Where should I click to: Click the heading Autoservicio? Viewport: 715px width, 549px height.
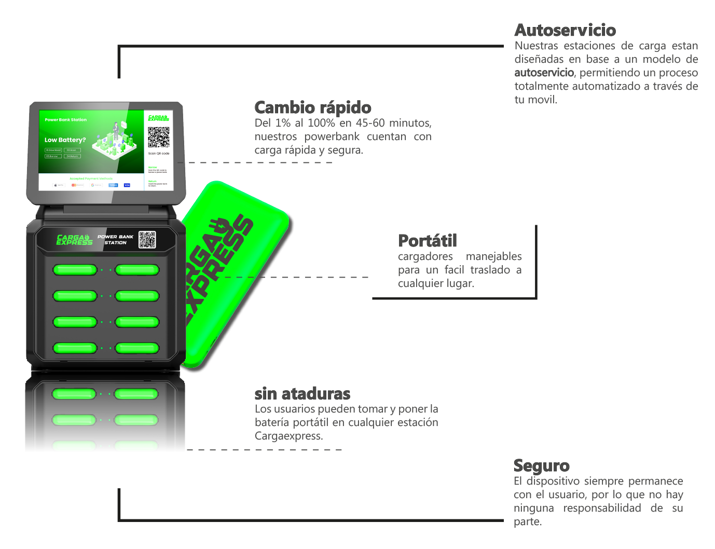565,30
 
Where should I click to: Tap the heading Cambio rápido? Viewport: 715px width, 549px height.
313,107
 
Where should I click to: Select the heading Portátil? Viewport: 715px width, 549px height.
428,241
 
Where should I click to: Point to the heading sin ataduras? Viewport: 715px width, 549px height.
302,393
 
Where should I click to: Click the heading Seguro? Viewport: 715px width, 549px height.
541,465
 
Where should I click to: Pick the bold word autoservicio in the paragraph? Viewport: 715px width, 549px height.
544,73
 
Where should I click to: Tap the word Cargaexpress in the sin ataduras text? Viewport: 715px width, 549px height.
288,436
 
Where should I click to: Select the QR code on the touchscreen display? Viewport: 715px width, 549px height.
158,137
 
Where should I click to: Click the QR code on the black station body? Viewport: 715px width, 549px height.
147,240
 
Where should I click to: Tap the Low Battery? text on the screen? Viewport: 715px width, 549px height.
65,140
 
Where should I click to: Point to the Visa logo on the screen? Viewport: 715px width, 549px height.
127,185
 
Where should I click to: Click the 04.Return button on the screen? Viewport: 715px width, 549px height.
73,156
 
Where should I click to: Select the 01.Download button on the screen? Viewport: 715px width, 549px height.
53,150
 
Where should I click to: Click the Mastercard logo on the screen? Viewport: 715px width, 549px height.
76,185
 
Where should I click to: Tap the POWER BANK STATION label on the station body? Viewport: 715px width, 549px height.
115,240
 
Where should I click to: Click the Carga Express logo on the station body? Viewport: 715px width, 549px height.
74,240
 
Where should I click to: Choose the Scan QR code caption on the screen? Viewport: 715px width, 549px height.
158,154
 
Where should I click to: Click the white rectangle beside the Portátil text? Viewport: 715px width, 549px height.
645,295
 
